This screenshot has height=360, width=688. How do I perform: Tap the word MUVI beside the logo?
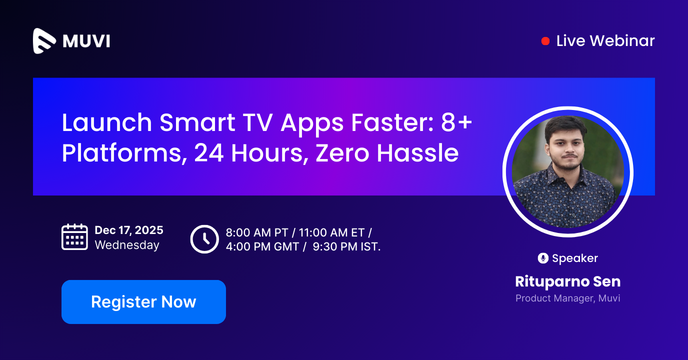point(86,41)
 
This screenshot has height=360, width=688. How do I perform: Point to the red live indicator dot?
point(545,41)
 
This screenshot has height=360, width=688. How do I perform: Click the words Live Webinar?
point(605,41)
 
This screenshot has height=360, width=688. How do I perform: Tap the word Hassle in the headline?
point(417,152)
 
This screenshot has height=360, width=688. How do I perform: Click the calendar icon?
point(74,237)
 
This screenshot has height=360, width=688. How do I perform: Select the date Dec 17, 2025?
point(129,230)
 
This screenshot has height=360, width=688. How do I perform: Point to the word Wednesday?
point(127,245)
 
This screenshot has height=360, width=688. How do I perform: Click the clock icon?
point(204,239)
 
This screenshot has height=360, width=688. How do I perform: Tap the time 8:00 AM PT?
point(256,232)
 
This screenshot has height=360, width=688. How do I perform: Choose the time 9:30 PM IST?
point(346,246)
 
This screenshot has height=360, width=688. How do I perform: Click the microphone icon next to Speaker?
point(543,258)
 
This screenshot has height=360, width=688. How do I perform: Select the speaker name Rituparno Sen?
point(567,281)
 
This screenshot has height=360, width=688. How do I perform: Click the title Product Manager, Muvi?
point(567,298)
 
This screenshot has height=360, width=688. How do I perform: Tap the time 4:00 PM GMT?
point(262,246)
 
